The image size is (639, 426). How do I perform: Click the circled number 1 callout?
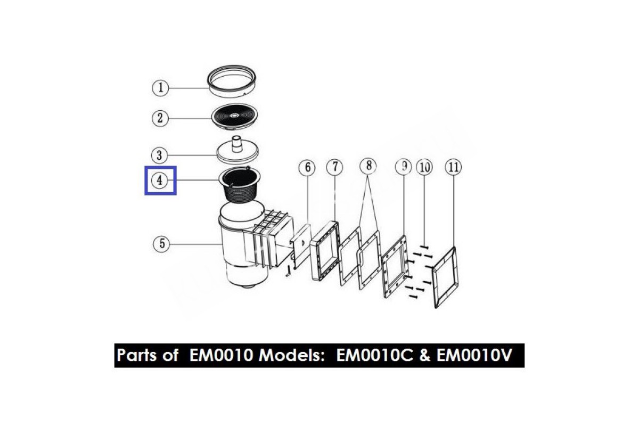coord(160,87)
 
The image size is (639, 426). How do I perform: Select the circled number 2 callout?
coord(160,118)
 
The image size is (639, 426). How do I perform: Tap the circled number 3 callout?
coord(160,155)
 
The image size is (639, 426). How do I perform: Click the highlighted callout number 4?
coord(160,181)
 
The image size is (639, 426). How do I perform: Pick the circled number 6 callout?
coord(307,168)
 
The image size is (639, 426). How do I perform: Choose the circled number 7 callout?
coord(334,167)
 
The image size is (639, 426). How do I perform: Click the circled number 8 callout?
coord(367,167)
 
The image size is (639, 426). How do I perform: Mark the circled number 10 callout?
coord(424,167)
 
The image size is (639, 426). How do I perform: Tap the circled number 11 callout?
coord(453,167)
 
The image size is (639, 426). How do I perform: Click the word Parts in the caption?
coord(138,355)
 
